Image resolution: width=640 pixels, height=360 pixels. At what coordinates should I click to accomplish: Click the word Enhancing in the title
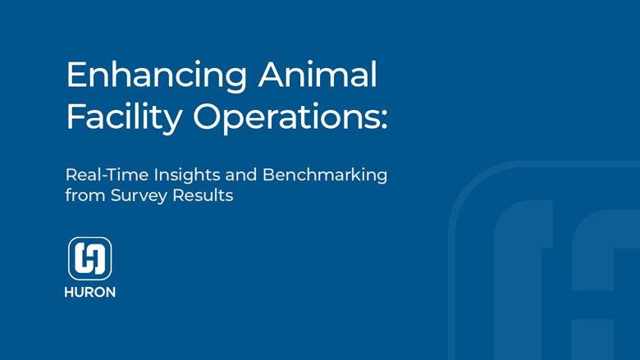click(156, 76)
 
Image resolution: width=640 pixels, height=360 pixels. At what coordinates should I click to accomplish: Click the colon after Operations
click(382, 120)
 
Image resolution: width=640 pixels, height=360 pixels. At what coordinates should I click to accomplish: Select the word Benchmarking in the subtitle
click(325, 175)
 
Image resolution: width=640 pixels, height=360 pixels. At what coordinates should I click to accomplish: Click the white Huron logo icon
click(89, 258)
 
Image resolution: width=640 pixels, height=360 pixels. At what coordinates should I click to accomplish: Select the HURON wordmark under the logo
click(89, 293)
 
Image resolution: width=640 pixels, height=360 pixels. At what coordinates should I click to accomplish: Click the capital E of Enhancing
click(75, 75)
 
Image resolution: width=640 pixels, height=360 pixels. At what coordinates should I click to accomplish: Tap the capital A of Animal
click(272, 75)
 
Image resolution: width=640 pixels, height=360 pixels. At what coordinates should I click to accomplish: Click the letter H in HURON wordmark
click(69, 293)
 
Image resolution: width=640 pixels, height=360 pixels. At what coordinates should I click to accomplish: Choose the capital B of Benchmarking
click(267, 175)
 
